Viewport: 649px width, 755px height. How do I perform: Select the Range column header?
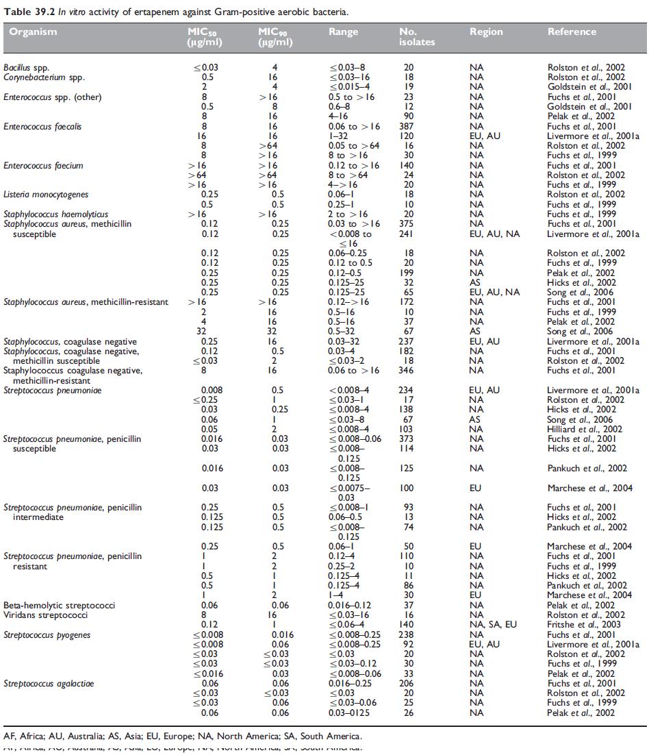pos(344,32)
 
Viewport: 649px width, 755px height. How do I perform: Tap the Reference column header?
pos(572,32)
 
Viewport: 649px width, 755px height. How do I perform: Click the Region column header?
pos(486,32)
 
